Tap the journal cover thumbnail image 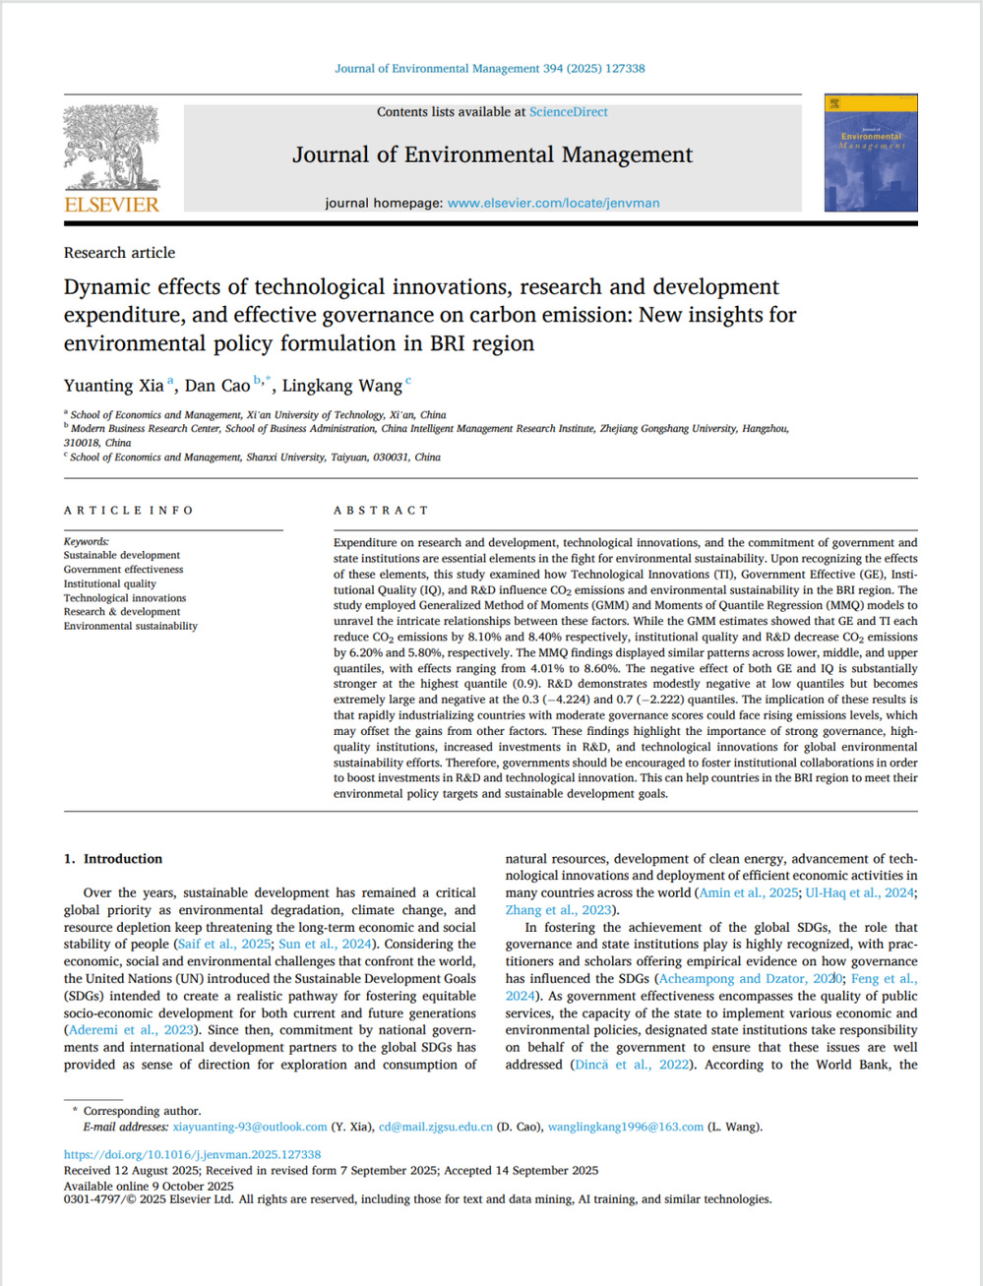[871, 153]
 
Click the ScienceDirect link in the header [568, 112]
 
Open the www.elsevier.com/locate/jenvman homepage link [553, 203]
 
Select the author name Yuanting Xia [113, 386]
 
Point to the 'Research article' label [119, 253]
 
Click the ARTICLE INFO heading [129, 511]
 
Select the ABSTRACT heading [382, 511]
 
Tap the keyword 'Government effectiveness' [123, 570]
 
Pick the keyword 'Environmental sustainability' [130, 626]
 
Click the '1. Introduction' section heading [113, 859]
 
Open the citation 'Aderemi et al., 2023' [131, 1030]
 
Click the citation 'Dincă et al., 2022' [632, 1065]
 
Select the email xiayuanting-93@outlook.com [250, 1127]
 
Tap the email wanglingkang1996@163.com [626, 1127]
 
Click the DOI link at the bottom [192, 1155]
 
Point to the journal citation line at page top [490, 69]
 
